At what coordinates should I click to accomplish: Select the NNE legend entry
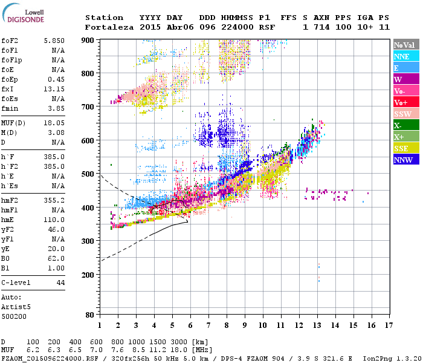402,56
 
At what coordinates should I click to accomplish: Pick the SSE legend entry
401,149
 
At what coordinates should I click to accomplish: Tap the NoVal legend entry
404,45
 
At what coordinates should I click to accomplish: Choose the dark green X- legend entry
398,125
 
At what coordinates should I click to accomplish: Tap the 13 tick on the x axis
317,325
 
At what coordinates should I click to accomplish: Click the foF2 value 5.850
54,41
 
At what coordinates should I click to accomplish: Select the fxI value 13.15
54,90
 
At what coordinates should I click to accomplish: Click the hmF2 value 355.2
54,200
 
